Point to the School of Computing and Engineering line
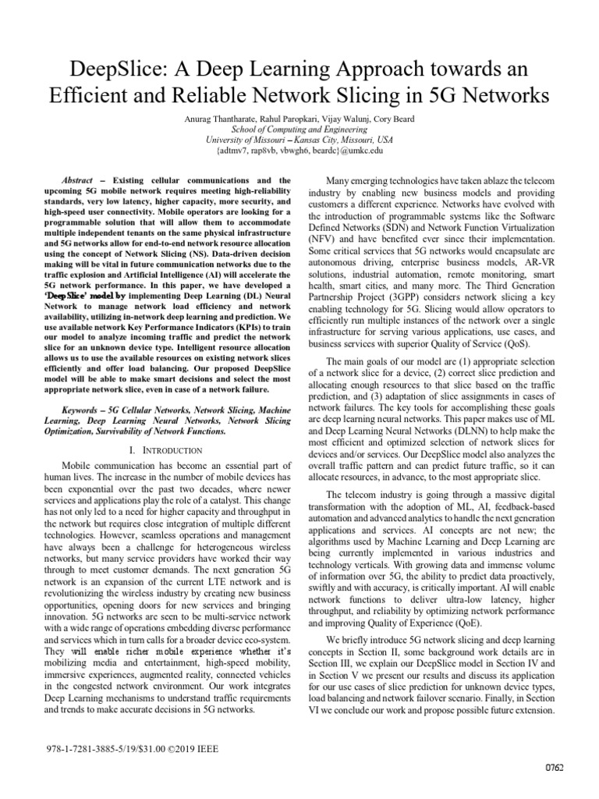[299, 129]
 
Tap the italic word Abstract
[79, 179]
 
